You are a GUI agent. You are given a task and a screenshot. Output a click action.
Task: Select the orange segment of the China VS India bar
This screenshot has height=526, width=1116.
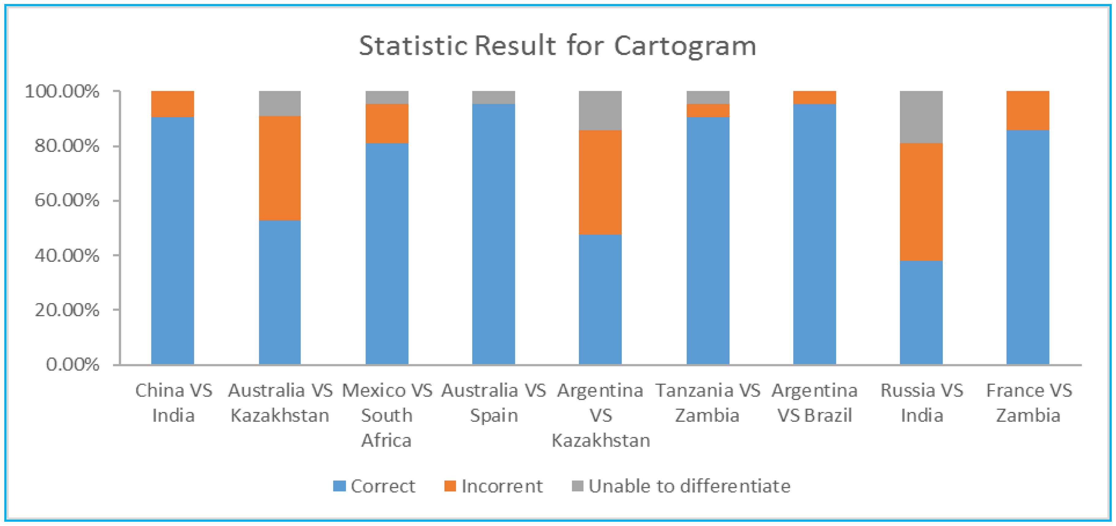click(173, 104)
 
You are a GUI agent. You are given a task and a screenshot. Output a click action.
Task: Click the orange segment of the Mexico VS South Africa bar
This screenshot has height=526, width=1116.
click(387, 124)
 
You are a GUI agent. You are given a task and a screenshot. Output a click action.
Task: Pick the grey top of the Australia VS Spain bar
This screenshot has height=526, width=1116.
click(493, 97)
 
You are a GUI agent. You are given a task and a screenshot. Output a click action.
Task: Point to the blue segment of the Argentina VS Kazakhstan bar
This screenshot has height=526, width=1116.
click(600, 299)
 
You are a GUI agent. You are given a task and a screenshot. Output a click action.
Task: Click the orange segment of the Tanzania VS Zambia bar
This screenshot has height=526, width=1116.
click(708, 110)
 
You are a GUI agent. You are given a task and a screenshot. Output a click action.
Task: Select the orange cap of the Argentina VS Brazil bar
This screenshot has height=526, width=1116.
click(814, 97)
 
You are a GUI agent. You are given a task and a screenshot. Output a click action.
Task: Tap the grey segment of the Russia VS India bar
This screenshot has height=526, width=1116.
click(921, 117)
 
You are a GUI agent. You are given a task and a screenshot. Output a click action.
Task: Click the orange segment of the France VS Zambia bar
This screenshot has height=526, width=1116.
click(1028, 110)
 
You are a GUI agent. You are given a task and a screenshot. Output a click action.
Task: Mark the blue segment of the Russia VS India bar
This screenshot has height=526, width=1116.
click(921, 312)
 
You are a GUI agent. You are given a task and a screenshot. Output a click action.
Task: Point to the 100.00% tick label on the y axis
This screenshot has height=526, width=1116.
click(62, 91)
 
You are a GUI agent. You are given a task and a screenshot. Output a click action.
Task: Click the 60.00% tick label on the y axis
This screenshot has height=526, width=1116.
click(67, 200)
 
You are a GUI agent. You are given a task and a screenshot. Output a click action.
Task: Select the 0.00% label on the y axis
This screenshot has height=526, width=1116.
click(72, 364)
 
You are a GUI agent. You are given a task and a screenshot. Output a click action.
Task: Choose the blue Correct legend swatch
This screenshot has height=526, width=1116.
click(339, 486)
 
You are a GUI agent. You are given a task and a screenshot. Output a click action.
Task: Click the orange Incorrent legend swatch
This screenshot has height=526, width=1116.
click(450, 486)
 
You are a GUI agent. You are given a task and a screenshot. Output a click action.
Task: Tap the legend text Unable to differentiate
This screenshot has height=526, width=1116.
click(689, 486)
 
